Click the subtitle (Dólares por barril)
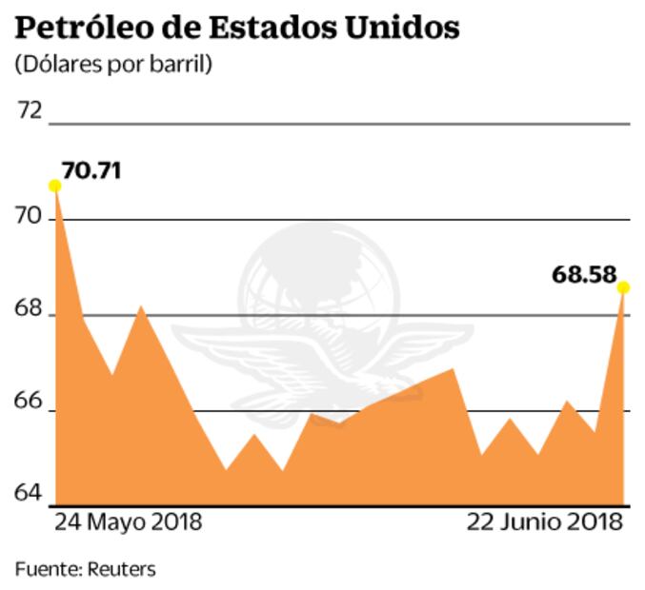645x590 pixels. tap(113, 66)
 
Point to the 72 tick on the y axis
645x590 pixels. tap(31, 110)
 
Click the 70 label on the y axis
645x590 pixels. tap(31, 218)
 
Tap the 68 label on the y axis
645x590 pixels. tap(31, 310)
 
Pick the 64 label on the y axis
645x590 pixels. tap(31, 493)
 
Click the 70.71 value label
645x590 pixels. tap(92, 171)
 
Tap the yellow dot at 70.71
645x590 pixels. tap(55, 186)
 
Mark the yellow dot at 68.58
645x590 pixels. tap(623, 287)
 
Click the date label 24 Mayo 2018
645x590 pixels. tap(128, 522)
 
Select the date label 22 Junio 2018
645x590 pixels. tap(544, 522)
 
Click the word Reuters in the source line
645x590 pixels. tap(121, 569)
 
